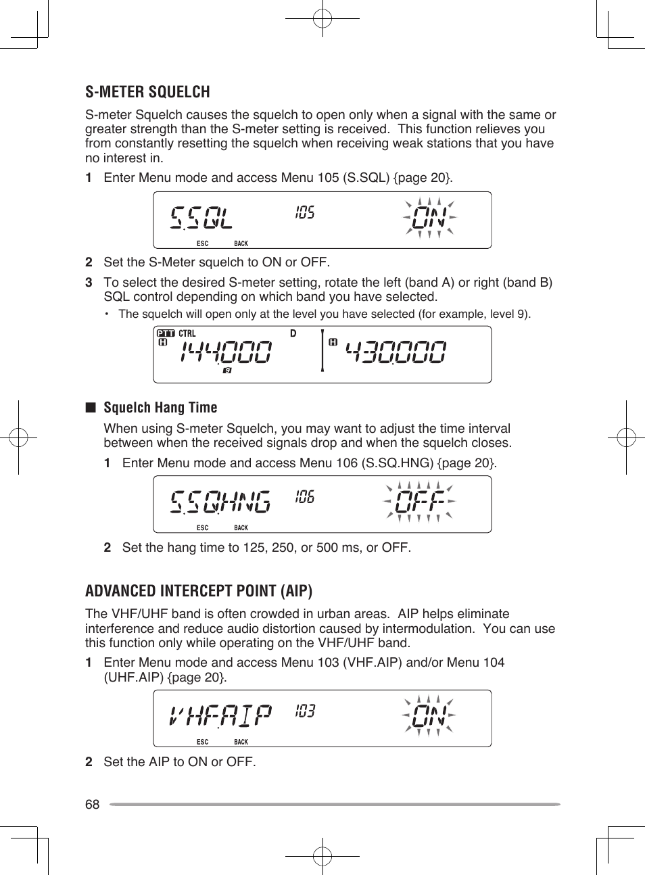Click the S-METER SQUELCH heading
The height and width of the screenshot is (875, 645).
pyautogui.click(x=147, y=92)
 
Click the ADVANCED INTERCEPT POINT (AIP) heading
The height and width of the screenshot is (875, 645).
pyautogui.click(x=199, y=591)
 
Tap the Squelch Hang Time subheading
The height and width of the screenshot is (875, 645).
pyautogui.click(x=160, y=408)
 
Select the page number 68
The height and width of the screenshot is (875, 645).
pyautogui.click(x=92, y=804)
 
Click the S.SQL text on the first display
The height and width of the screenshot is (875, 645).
pyautogui.click(x=201, y=218)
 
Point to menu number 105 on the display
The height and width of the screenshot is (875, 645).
pyautogui.click(x=305, y=213)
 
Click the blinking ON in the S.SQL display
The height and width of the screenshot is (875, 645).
pyautogui.click(x=429, y=218)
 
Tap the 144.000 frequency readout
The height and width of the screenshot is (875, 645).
pyautogui.click(x=226, y=352)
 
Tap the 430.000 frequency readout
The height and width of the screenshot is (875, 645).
pyautogui.click(x=396, y=352)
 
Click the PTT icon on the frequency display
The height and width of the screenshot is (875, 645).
pyautogui.click(x=166, y=333)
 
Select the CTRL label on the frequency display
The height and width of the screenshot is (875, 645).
pyautogui.click(x=187, y=333)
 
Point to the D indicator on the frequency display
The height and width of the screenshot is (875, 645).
pyautogui.click(x=293, y=333)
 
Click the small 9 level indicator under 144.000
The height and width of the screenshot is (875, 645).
pyautogui.click(x=227, y=371)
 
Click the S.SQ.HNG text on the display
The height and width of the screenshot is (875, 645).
pyautogui.click(x=220, y=502)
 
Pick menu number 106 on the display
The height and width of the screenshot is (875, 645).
pyautogui.click(x=305, y=498)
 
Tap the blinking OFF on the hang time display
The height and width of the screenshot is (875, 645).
pyautogui.click(x=420, y=502)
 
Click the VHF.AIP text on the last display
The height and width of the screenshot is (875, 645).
pyautogui.click(x=220, y=715)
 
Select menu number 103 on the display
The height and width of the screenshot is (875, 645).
pyautogui.click(x=305, y=711)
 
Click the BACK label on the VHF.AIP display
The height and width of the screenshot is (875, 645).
pyautogui.click(x=241, y=742)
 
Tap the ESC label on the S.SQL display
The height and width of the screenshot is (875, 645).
pyautogui.click(x=202, y=243)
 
